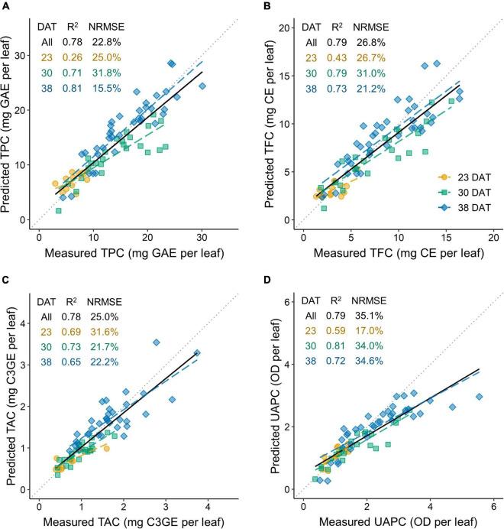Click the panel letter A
coord(6,7)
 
